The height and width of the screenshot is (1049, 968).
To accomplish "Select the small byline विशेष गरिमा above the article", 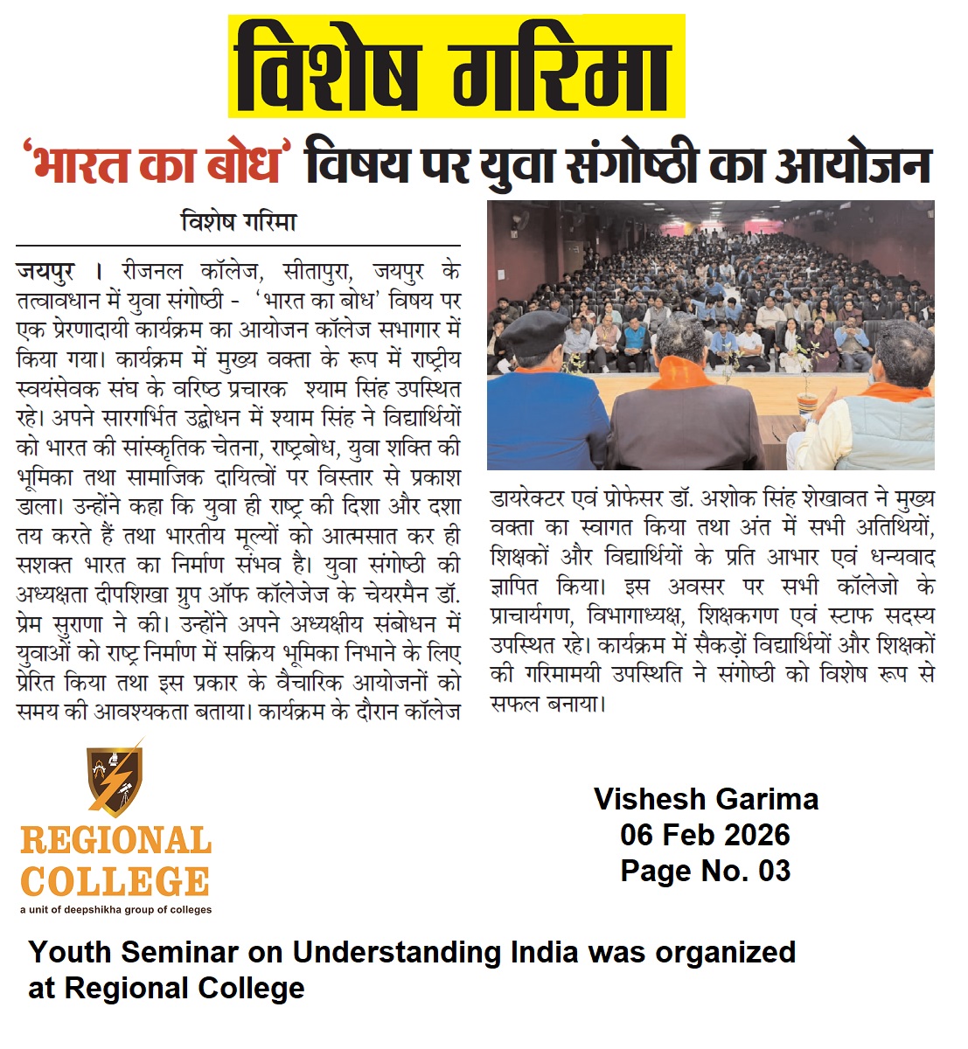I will pyautogui.click(x=238, y=222).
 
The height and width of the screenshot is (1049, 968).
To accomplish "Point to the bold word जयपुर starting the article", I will pyautogui.click(x=45, y=271).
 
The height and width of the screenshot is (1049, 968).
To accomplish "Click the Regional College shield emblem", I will pyautogui.click(x=115, y=778).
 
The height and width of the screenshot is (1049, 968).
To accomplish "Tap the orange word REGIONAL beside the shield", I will pyautogui.click(x=115, y=841).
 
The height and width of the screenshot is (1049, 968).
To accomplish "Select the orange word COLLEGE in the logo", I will pyautogui.click(x=115, y=882).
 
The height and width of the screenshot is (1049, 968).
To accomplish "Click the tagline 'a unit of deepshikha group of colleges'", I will pyautogui.click(x=115, y=910).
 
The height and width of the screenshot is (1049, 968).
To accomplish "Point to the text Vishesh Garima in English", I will pyautogui.click(x=706, y=799).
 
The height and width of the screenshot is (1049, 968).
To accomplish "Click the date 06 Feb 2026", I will pyautogui.click(x=705, y=835).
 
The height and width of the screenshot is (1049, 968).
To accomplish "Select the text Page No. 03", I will pyautogui.click(x=705, y=871).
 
